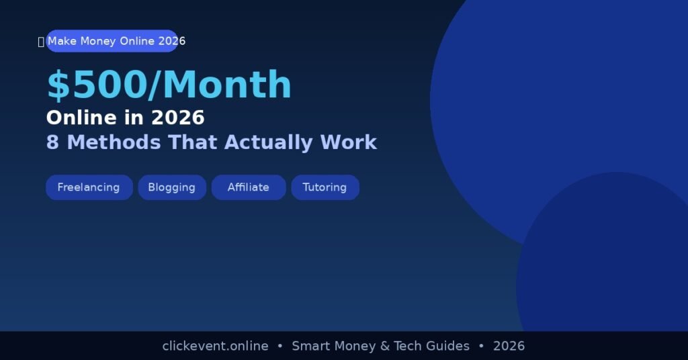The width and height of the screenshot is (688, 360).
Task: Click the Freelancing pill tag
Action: (89, 187)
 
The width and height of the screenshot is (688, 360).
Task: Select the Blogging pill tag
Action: (172, 187)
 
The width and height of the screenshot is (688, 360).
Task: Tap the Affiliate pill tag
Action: (249, 187)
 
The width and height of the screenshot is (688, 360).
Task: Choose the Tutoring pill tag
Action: (325, 187)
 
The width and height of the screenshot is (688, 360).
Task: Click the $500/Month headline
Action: (169, 85)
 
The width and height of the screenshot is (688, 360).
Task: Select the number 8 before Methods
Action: (52, 142)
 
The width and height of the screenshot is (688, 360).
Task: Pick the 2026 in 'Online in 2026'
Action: (177, 118)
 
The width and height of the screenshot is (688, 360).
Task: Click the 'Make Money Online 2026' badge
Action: (112, 41)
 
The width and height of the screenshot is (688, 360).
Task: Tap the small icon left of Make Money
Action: (41, 42)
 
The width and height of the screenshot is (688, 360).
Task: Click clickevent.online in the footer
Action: (215, 346)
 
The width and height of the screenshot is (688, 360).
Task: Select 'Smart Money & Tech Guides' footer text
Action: (380, 346)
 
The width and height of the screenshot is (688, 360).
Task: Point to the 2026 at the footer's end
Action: (509, 346)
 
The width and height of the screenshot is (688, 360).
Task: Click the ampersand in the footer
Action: (384, 346)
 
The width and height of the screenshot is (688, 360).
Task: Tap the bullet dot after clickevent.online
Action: (279, 346)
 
